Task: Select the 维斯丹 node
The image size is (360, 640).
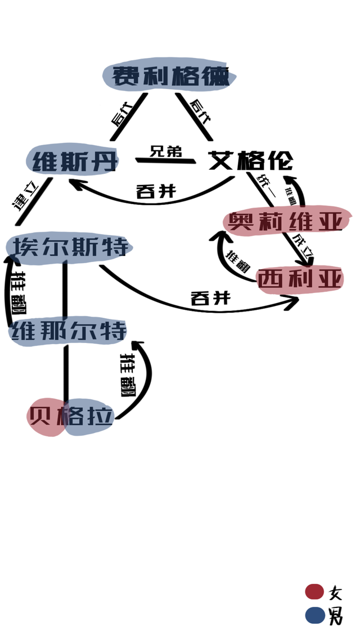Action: click(x=74, y=161)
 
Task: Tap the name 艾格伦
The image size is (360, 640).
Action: click(x=251, y=161)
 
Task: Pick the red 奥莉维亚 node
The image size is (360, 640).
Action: click(x=286, y=221)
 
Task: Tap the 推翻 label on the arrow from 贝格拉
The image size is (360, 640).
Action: click(x=128, y=375)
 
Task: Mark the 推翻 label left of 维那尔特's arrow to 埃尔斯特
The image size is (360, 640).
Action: click(x=19, y=292)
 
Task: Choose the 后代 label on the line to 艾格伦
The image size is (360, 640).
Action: click(x=200, y=110)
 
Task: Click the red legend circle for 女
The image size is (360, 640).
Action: click(x=314, y=592)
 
